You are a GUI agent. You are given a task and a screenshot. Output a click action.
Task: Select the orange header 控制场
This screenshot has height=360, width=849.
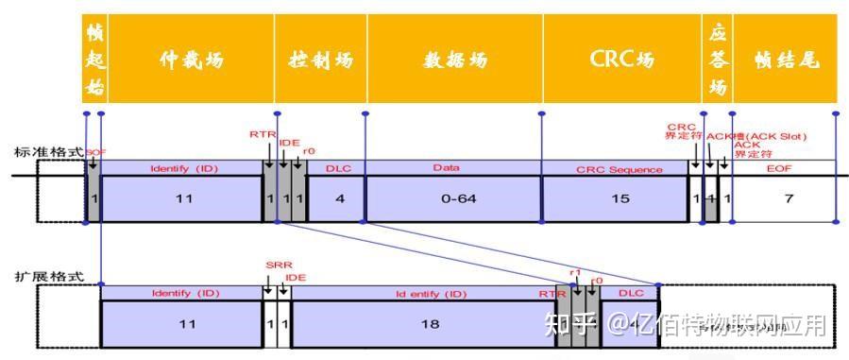pos(320,59)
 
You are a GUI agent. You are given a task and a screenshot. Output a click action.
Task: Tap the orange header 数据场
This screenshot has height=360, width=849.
pos(455,59)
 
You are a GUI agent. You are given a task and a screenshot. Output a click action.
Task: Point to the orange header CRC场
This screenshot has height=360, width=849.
pos(621,59)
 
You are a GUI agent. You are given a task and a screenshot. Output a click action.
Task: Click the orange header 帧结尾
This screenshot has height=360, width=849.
pos(786,59)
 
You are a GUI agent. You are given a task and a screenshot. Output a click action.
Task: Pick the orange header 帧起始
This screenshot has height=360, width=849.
pos(94,59)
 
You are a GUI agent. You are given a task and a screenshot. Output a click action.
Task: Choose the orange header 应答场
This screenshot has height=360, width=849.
pos(718,59)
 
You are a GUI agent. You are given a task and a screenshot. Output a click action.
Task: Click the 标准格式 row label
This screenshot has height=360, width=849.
pos(42,151)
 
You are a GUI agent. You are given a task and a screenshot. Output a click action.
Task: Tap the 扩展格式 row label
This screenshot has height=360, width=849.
pos(42,277)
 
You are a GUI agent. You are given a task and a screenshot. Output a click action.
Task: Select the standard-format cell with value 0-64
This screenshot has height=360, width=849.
pos(453,199)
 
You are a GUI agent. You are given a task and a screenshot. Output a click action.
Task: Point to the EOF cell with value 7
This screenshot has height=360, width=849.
pos(785,199)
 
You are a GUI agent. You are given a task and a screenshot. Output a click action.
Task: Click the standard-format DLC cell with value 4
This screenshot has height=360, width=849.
pos(336,199)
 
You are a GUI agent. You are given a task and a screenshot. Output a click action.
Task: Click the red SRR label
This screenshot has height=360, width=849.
pos(276,266)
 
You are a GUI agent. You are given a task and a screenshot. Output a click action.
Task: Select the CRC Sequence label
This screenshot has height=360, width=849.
pos(619,169)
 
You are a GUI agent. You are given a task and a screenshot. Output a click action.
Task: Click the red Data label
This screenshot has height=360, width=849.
pos(446,167)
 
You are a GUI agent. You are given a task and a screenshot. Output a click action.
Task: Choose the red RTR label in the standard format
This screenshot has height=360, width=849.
pos(262,135)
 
